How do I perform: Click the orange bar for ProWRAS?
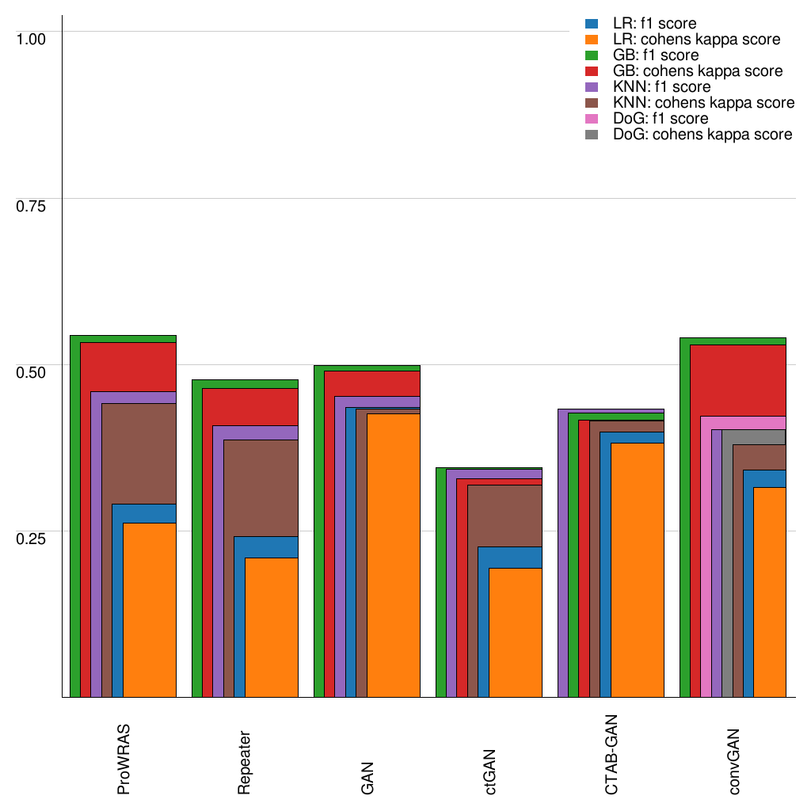[x=150, y=610]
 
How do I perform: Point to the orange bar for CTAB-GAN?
[x=637, y=570]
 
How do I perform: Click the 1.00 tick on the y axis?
[x=32, y=38]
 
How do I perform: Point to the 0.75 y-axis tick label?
[x=32, y=205]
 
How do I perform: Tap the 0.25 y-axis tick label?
[x=32, y=538]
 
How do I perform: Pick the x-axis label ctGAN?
[x=490, y=771]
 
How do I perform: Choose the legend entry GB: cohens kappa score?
[x=698, y=71]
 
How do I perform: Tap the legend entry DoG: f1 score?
[x=661, y=119]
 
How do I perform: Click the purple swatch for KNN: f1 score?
[x=591, y=87]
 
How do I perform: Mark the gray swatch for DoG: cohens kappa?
[x=591, y=135]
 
